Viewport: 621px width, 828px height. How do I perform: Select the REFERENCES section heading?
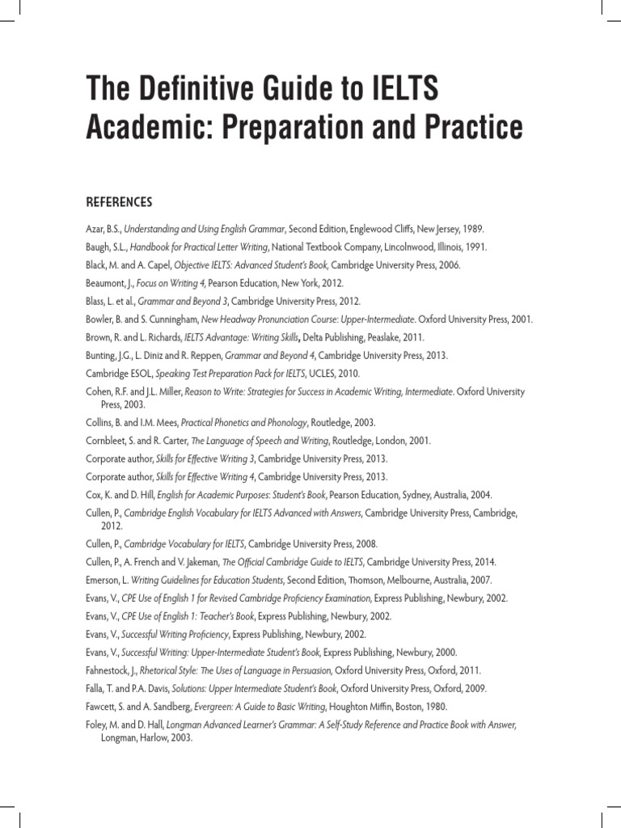coord(119,201)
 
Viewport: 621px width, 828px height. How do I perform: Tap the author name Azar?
coord(96,230)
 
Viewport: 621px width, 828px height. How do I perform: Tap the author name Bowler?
coord(101,319)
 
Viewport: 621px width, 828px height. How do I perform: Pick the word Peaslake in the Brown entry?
coord(376,336)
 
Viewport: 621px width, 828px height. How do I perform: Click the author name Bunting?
coord(103,355)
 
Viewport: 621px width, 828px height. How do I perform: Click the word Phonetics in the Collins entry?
coord(224,422)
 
